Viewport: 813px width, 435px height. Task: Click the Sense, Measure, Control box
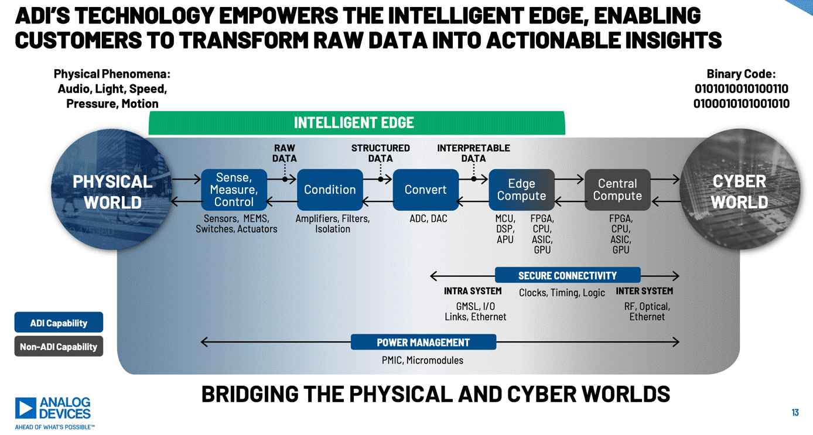click(x=234, y=190)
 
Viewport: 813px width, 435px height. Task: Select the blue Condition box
click(x=330, y=190)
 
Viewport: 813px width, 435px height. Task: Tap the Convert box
click(x=425, y=190)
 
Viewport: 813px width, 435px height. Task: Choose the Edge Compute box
click(x=521, y=190)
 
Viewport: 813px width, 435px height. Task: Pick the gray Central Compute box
click(x=617, y=190)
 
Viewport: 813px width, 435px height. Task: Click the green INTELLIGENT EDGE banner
click(x=356, y=123)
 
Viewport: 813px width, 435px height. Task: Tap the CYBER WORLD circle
click(x=740, y=191)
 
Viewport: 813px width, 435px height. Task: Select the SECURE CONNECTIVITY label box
click(x=567, y=275)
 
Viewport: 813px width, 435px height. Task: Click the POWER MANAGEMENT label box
click(x=423, y=342)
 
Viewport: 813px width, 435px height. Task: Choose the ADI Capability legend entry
click(x=59, y=323)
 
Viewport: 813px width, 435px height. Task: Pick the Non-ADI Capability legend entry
click(x=59, y=347)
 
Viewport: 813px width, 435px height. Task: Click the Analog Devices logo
click(x=54, y=412)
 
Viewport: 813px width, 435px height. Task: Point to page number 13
click(x=795, y=413)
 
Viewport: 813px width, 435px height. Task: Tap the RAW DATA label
click(x=285, y=153)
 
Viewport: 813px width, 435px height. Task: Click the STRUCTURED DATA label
click(x=380, y=153)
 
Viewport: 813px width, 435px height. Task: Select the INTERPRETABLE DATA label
click(x=473, y=153)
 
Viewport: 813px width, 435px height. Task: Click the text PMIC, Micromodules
click(x=422, y=360)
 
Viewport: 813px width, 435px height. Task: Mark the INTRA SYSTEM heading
click(x=473, y=291)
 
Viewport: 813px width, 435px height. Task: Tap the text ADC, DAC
click(x=428, y=219)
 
